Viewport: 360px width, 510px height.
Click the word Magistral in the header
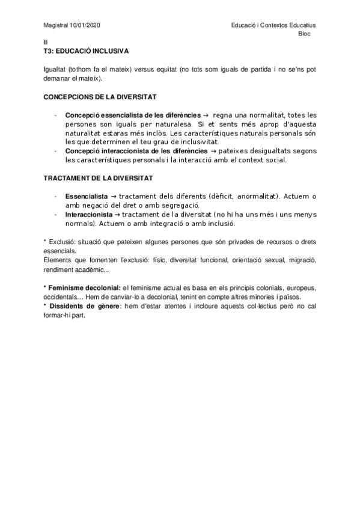(x=56, y=25)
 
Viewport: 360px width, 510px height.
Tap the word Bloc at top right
(x=305, y=34)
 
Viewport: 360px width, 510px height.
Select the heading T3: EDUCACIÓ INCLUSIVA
(x=86, y=52)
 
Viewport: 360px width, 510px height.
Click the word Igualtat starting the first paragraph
(x=55, y=70)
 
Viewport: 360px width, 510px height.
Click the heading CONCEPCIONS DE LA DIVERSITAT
(x=100, y=97)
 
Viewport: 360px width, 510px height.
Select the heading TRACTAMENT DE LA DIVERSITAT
(x=98, y=178)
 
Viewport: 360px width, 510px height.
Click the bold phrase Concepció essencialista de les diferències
(x=133, y=114)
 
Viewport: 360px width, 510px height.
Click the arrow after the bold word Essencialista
(x=114, y=196)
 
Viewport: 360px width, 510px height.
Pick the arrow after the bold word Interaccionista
(x=116, y=214)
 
